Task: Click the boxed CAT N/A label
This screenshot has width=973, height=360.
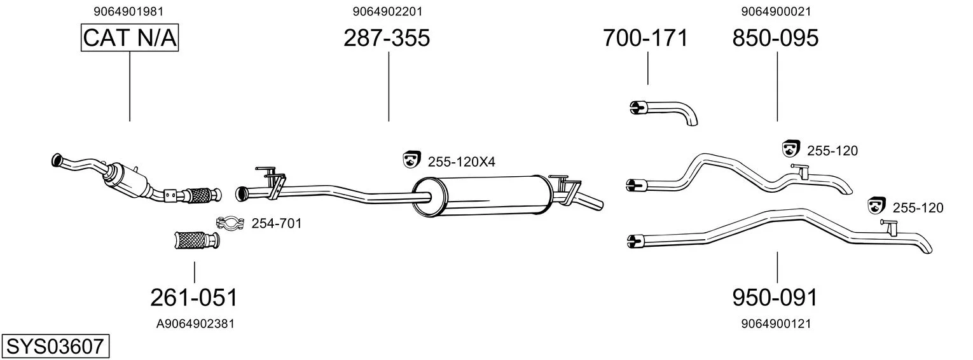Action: [x=130, y=38]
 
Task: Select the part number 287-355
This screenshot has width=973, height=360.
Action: [x=387, y=38]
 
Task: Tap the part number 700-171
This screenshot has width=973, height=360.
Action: [x=645, y=38]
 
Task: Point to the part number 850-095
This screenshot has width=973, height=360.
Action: [x=775, y=38]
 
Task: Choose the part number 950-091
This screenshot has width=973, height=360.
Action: [x=775, y=298]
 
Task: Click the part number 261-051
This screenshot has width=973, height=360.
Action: [x=194, y=298]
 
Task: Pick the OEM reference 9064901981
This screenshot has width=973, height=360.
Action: [x=128, y=11]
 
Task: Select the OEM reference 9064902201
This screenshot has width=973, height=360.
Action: [x=387, y=11]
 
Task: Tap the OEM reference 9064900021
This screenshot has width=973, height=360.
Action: [x=776, y=11]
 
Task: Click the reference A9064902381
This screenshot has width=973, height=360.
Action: [x=195, y=324]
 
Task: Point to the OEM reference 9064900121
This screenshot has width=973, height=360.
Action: [x=776, y=324]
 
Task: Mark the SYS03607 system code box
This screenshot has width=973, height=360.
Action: [x=55, y=347]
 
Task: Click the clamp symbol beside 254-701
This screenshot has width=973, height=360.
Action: [x=230, y=223]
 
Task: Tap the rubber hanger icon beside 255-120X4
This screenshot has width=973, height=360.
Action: [x=411, y=160]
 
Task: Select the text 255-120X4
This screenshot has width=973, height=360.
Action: [x=461, y=162]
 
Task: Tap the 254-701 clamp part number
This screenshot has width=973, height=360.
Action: [x=276, y=223]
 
